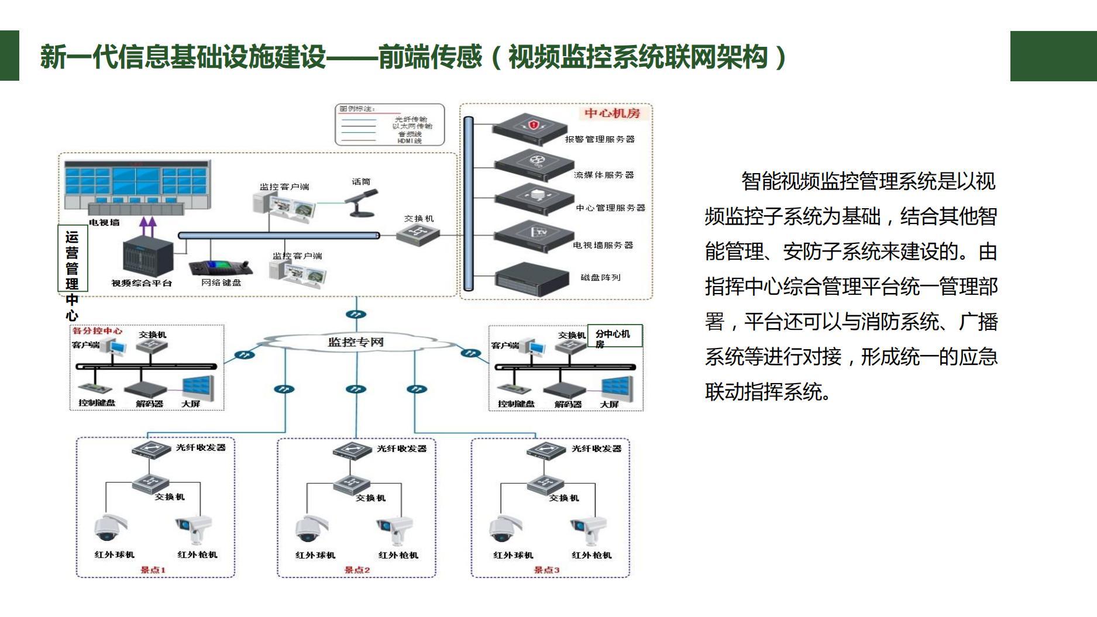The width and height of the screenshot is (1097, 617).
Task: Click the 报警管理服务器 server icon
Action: pos(530,129)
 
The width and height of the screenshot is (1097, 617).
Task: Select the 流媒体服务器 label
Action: pos(604,175)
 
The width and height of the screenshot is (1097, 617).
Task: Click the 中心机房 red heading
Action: pos(612,113)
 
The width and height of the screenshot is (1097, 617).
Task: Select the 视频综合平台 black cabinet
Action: pos(148,254)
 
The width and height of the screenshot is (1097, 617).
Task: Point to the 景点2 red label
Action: pos(356,570)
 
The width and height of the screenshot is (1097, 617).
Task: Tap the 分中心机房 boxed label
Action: pos(614,337)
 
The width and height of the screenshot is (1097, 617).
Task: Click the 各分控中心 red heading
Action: pos(97,331)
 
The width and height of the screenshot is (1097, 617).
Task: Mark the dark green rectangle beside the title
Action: pos(1053,56)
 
